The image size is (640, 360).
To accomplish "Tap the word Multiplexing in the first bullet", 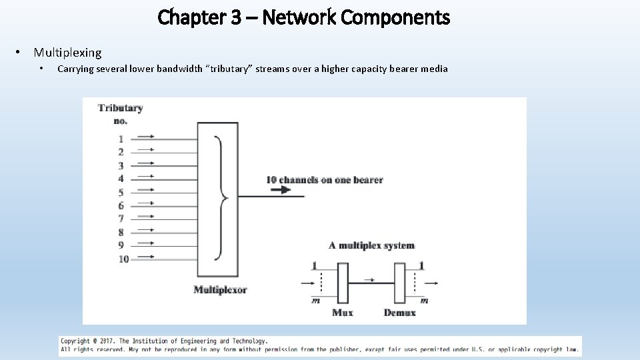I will coord(67,53).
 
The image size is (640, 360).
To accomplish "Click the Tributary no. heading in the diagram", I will coord(120,113).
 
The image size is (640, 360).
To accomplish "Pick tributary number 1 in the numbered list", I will coord(121,139).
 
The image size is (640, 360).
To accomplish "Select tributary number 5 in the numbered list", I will coord(121,193).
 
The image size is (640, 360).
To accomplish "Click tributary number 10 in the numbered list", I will coord(123,259).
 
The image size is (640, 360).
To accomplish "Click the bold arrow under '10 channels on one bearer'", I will coord(281,190).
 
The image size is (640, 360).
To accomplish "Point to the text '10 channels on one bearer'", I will coord(324,179).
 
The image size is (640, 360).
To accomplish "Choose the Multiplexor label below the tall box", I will coord(220,289).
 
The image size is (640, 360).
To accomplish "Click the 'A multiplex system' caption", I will coord(371,245).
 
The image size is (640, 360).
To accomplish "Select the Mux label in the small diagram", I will coord(342,313).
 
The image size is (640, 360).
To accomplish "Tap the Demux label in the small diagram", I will coord(400,313).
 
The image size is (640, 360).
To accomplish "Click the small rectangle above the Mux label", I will coord(343,283).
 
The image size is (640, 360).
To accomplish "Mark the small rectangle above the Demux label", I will coord(399,283).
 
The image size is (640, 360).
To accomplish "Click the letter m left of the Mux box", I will coord(315,301).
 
